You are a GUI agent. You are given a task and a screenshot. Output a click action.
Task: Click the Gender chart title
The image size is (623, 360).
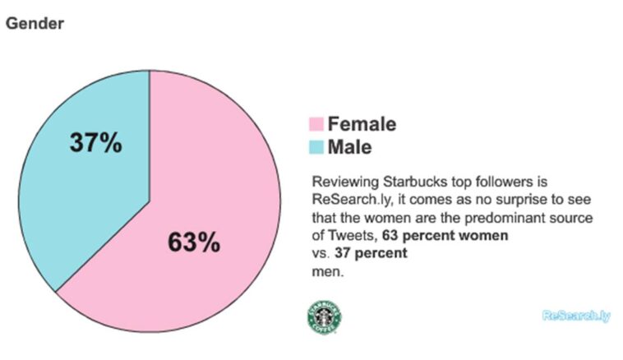point(35,24)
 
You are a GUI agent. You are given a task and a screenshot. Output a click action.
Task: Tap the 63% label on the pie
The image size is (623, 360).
point(194,242)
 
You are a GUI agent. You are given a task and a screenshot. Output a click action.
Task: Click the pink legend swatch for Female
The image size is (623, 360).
point(316,125)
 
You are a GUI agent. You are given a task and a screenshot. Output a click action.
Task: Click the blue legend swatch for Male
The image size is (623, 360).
point(316,148)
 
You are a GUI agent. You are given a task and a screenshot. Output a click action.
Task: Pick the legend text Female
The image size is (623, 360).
point(362,125)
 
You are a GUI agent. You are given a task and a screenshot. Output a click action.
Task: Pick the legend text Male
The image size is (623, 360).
point(349,148)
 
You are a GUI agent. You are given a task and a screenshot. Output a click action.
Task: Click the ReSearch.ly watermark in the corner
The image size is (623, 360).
point(576,316)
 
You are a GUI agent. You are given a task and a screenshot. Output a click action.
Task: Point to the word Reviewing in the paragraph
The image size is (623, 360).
point(339,180)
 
